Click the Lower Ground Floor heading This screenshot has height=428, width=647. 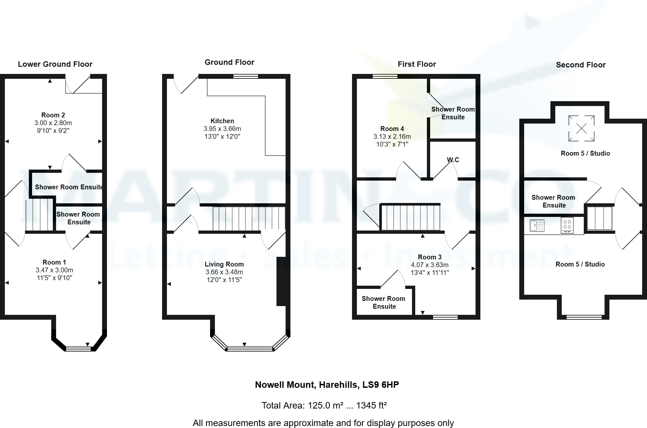tap(55, 64)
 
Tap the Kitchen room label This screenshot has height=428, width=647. tap(222, 121)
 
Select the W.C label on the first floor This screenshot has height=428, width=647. tap(453, 160)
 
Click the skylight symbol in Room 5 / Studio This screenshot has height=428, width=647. tap(581, 128)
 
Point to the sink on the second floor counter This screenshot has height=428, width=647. tap(537, 225)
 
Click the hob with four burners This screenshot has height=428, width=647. tap(567, 225)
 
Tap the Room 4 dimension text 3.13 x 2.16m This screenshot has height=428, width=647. tap(392, 137)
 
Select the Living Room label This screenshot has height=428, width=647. tap(224, 264)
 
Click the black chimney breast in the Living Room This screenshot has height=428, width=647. tap(281, 281)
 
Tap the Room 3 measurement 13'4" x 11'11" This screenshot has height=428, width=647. tap(429, 273)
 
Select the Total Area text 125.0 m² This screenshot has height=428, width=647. tap(324, 405)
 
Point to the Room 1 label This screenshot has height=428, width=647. tap(54, 262)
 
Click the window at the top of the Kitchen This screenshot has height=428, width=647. tap(246, 77)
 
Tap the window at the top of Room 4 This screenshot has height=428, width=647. tap(385, 77)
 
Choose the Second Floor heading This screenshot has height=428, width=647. tap(581, 65)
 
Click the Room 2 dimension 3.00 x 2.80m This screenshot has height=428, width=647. tap(53, 123)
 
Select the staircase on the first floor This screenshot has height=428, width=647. tap(411, 218)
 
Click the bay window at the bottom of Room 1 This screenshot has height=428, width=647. tap(78, 349)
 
